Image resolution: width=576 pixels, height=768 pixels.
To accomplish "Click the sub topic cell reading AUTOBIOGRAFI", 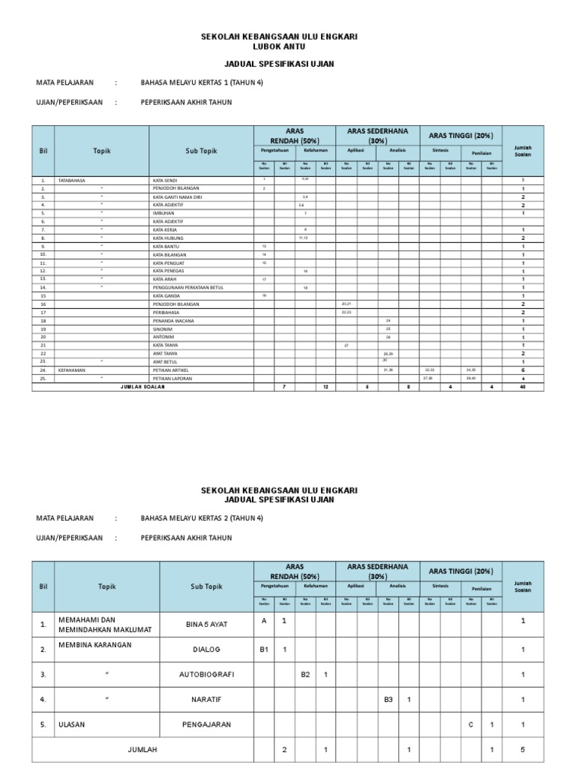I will [208, 674].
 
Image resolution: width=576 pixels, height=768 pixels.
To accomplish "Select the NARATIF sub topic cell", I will [208, 700].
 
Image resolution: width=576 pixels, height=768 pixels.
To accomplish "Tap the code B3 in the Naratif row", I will [388, 700].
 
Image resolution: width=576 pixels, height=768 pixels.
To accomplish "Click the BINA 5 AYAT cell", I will [208, 623].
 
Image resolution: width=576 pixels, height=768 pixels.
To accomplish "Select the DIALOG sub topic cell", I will [208, 649].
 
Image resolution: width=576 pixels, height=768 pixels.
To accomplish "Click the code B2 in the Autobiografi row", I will [305, 674].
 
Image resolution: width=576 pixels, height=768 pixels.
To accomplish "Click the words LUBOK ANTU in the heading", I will [280, 46].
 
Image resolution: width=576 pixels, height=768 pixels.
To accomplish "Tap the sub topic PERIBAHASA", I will [167, 312].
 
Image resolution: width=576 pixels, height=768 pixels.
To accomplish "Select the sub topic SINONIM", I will [163, 328].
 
